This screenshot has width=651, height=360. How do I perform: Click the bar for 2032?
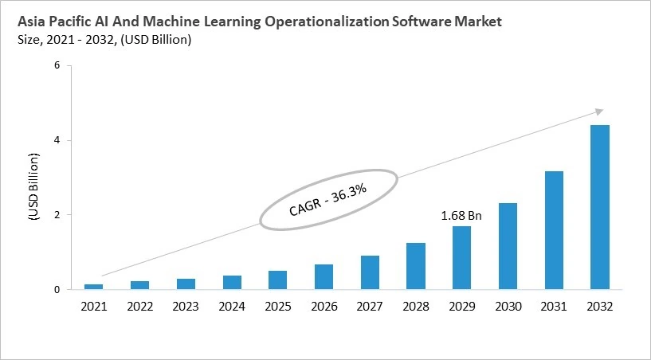599,207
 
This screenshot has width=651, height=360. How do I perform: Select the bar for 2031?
554,230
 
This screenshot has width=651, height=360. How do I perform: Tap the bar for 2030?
508,246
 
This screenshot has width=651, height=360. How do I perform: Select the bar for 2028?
415,266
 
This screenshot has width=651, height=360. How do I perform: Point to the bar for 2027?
370,272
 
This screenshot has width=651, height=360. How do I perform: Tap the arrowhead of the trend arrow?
599,111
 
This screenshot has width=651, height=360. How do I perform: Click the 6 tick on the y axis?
57,66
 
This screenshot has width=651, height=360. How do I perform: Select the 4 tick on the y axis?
57,141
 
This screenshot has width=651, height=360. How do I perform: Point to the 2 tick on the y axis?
57,215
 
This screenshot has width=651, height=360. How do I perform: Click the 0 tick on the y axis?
57,290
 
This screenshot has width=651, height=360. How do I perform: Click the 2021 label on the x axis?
94,306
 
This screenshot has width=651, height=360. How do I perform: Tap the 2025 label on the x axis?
278,306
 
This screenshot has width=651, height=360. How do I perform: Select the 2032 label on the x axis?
599,306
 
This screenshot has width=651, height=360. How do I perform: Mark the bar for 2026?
324,276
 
